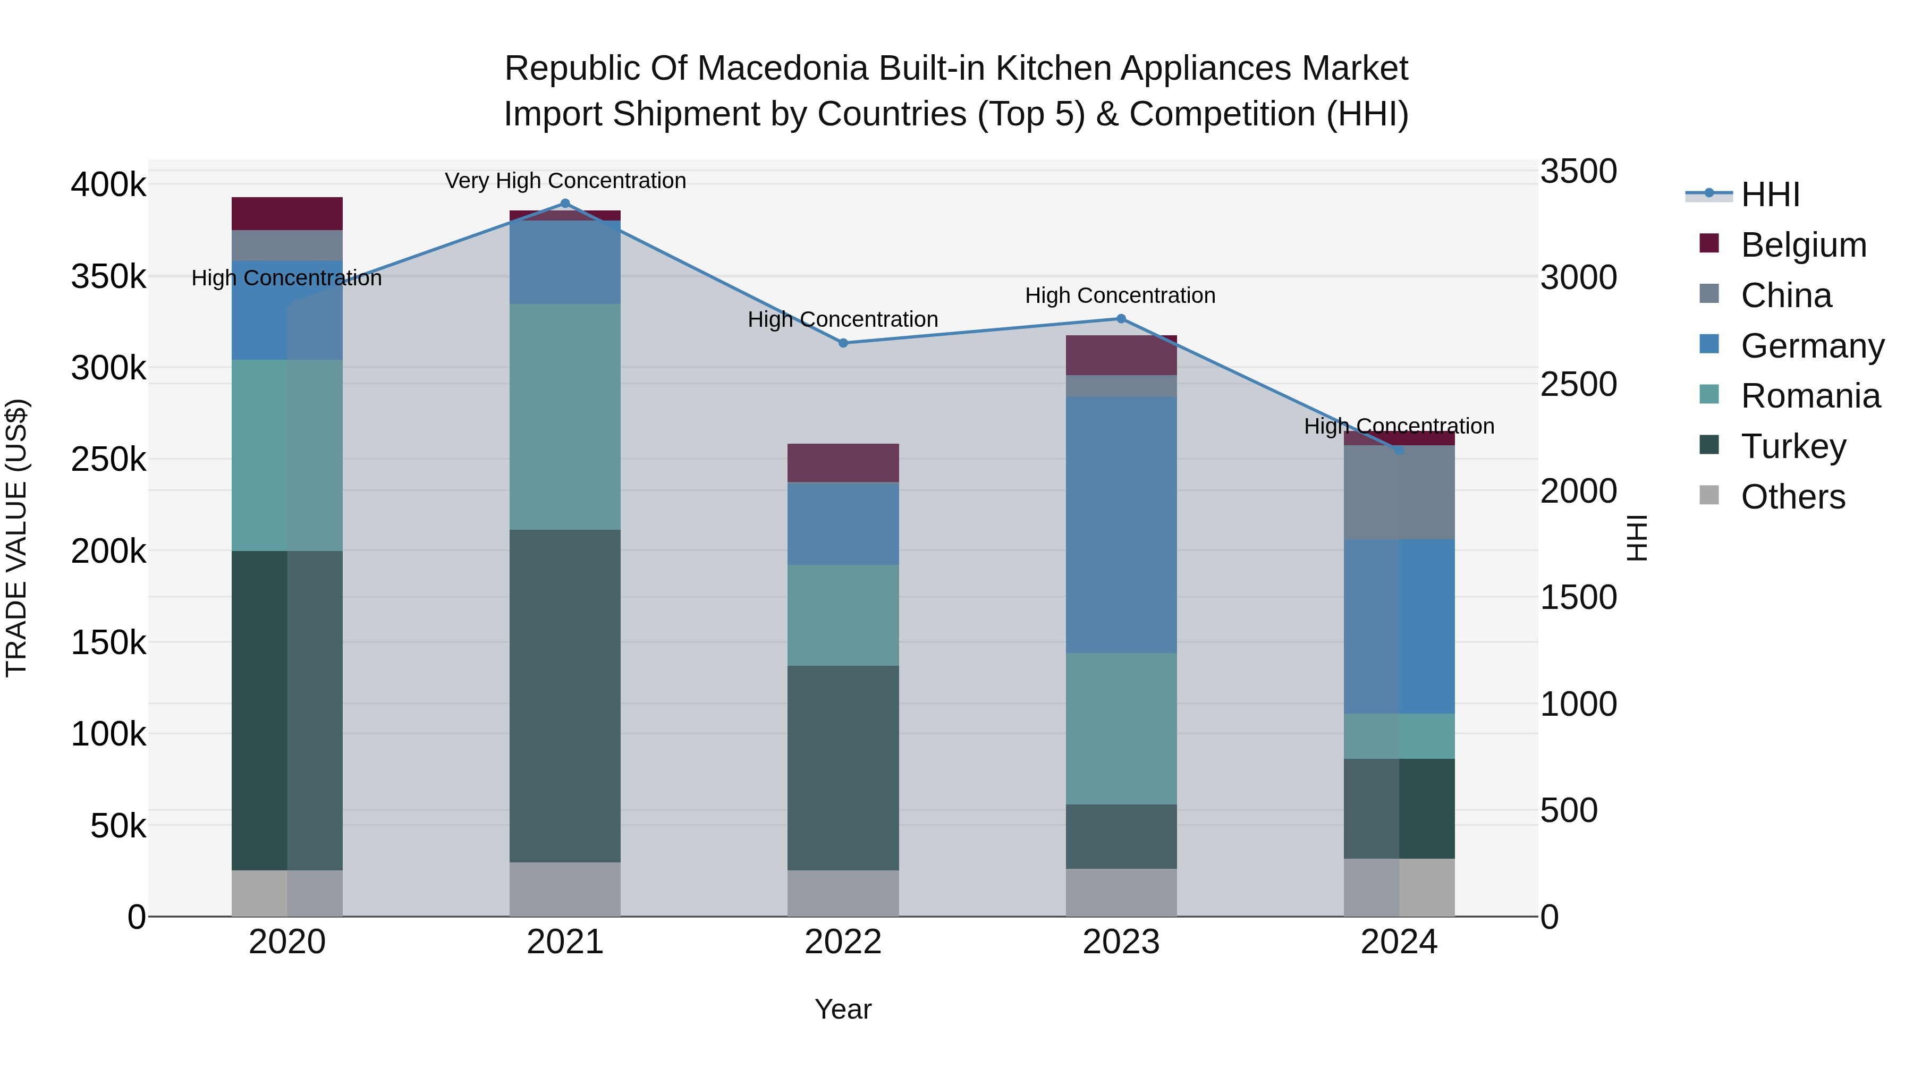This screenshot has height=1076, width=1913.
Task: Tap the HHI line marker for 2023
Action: (x=1121, y=319)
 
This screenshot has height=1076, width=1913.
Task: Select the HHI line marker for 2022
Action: (x=843, y=343)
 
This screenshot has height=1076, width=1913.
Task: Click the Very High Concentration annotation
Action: (x=565, y=181)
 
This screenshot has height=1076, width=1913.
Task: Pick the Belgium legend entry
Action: (x=1802, y=245)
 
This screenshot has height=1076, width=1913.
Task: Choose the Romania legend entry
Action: (x=1810, y=396)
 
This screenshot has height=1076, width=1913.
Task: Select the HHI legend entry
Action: (x=1770, y=194)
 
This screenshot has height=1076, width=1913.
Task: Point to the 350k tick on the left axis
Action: (x=108, y=276)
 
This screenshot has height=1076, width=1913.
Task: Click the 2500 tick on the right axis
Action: (x=1578, y=385)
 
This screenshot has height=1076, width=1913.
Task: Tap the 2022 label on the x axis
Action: (x=843, y=942)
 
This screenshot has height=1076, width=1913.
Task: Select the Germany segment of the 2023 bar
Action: (x=1121, y=524)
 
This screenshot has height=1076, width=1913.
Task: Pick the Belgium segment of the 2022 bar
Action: (x=843, y=463)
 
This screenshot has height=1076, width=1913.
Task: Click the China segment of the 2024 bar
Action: (x=1399, y=493)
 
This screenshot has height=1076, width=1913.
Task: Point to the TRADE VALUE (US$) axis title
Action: (x=16, y=538)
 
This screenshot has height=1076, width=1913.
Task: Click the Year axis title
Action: (x=843, y=1009)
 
